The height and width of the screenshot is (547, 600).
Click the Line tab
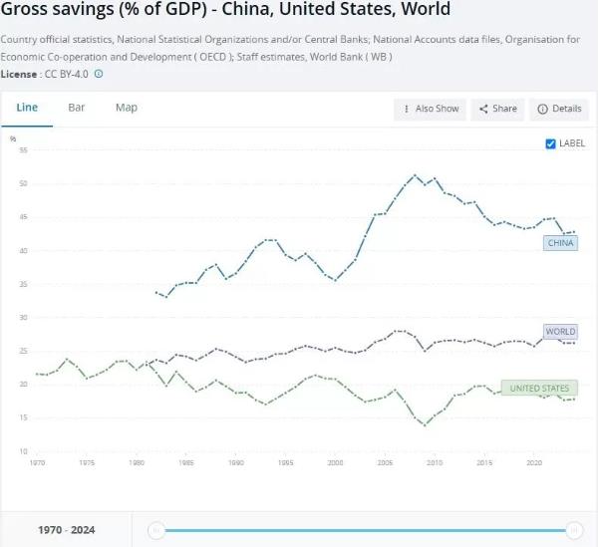pos(27,108)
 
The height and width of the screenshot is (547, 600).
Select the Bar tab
pos(77,108)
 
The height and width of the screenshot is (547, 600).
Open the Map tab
pos(127,108)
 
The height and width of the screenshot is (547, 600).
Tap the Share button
pos(497,109)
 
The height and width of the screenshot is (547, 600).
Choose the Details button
pos(559,109)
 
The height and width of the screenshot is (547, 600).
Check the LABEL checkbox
pos(551,143)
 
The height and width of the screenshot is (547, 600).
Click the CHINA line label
pos(561,243)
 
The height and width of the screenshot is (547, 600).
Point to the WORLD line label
pos(560,332)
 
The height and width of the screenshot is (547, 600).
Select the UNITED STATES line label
pos(539,388)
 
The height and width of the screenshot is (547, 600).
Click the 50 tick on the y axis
pos(22,184)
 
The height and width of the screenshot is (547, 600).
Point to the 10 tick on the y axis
pos(22,451)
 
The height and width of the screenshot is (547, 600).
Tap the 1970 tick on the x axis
pos(37,463)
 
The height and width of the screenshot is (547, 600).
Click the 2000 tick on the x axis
pos(335,463)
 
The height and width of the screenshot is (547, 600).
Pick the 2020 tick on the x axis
pos(533,463)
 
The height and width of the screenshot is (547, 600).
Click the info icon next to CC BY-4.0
pos(99,74)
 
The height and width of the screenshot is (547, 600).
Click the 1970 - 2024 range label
pos(66,530)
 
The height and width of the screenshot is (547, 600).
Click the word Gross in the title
pos(27,11)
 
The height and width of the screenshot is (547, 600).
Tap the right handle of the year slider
pos(574,530)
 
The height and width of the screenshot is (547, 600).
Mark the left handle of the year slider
pos(156,530)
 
